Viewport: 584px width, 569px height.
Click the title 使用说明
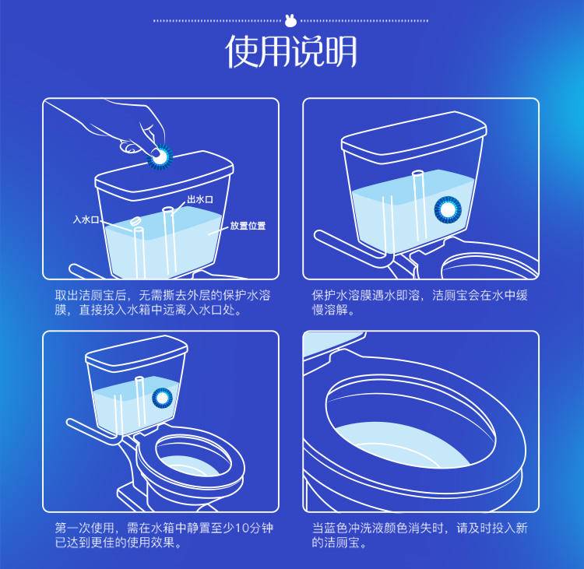tap(291, 51)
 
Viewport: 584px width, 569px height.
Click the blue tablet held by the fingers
tap(160, 156)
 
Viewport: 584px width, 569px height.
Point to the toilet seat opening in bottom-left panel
tap(190, 460)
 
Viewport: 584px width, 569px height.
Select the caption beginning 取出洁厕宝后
tap(160, 303)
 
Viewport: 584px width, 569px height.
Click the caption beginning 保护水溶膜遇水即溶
tap(420, 303)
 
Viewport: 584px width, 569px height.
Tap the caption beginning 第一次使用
tap(160, 535)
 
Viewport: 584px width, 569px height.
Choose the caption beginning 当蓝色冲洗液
tap(420, 535)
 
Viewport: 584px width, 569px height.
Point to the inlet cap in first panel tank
tap(134, 222)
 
